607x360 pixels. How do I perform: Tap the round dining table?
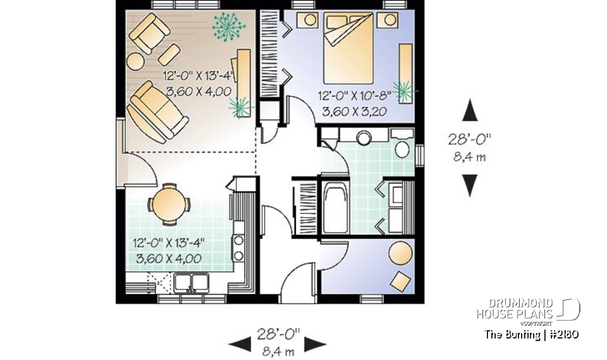[x=168, y=204]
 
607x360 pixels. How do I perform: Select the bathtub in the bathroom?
[x=334, y=207]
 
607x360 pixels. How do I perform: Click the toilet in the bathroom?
[x=402, y=147]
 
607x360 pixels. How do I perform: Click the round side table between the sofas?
[x=136, y=61]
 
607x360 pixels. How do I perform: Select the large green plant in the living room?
[x=227, y=27]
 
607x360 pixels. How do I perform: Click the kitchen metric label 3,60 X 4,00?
[x=169, y=258]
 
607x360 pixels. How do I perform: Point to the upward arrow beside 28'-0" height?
[x=469, y=110]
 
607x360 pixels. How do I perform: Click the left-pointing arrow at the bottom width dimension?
[x=240, y=344]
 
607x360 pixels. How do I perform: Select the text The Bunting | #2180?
[x=531, y=334]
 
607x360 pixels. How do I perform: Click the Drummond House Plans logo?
[x=528, y=309]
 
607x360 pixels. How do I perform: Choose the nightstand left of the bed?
[x=307, y=20]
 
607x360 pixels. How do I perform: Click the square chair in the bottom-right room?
[x=399, y=279]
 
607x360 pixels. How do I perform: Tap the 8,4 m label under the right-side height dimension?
[x=469, y=158]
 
